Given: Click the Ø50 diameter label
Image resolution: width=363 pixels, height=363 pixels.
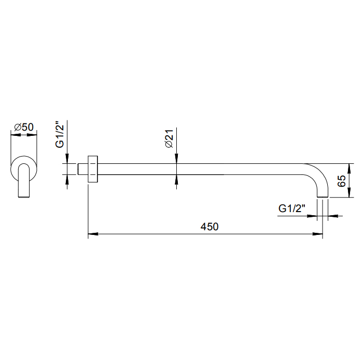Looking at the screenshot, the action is [24, 127].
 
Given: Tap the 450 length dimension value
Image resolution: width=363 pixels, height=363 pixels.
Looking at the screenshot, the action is [210, 227].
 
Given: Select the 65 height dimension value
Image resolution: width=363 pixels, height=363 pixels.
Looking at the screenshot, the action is [341, 181].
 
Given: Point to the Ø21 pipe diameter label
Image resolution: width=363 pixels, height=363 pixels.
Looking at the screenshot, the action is [169, 138].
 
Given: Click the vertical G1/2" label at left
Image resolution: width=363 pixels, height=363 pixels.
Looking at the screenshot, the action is [60, 134].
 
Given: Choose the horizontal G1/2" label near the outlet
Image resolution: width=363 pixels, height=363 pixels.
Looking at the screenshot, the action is [292, 208].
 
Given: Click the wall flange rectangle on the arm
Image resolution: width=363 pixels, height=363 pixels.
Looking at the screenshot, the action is [93, 169].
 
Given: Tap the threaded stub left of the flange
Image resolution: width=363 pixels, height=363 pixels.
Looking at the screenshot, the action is [82, 169].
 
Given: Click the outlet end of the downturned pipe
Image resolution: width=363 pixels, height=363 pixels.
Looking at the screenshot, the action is [323, 197].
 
